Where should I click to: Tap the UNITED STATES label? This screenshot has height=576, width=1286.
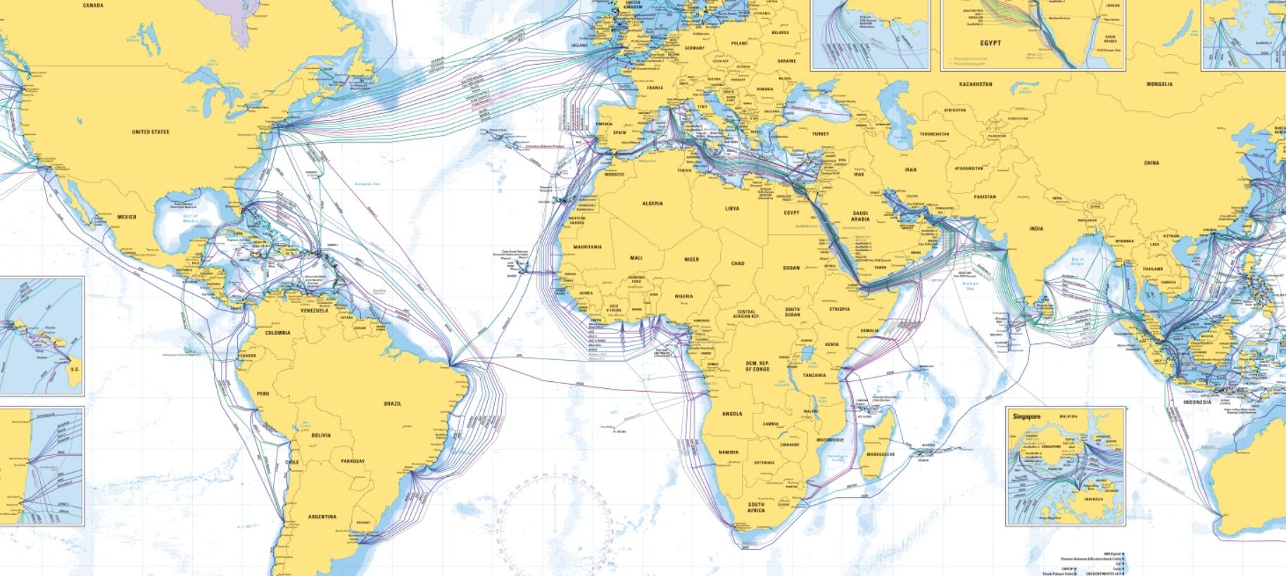tap(151, 132)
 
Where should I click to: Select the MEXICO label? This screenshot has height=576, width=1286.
tap(127, 217)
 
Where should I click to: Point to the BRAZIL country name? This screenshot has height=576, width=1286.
tap(392, 404)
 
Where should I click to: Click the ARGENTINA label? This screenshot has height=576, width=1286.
tap(322, 517)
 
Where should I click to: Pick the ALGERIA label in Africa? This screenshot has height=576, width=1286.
tap(653, 204)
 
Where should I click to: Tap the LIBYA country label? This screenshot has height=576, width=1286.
tap(732, 209)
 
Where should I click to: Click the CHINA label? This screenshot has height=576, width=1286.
tap(1151, 163)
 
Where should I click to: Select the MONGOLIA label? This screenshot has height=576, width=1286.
tap(1159, 84)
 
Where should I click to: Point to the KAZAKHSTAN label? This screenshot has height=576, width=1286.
tap(976, 84)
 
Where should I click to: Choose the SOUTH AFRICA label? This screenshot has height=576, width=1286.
tap(757, 507)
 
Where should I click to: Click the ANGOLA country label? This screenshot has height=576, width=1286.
tap(732, 414)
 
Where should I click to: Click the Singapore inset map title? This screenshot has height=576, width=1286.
tap(1026, 416)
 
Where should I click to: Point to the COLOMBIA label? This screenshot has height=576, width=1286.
tap(277, 333)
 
